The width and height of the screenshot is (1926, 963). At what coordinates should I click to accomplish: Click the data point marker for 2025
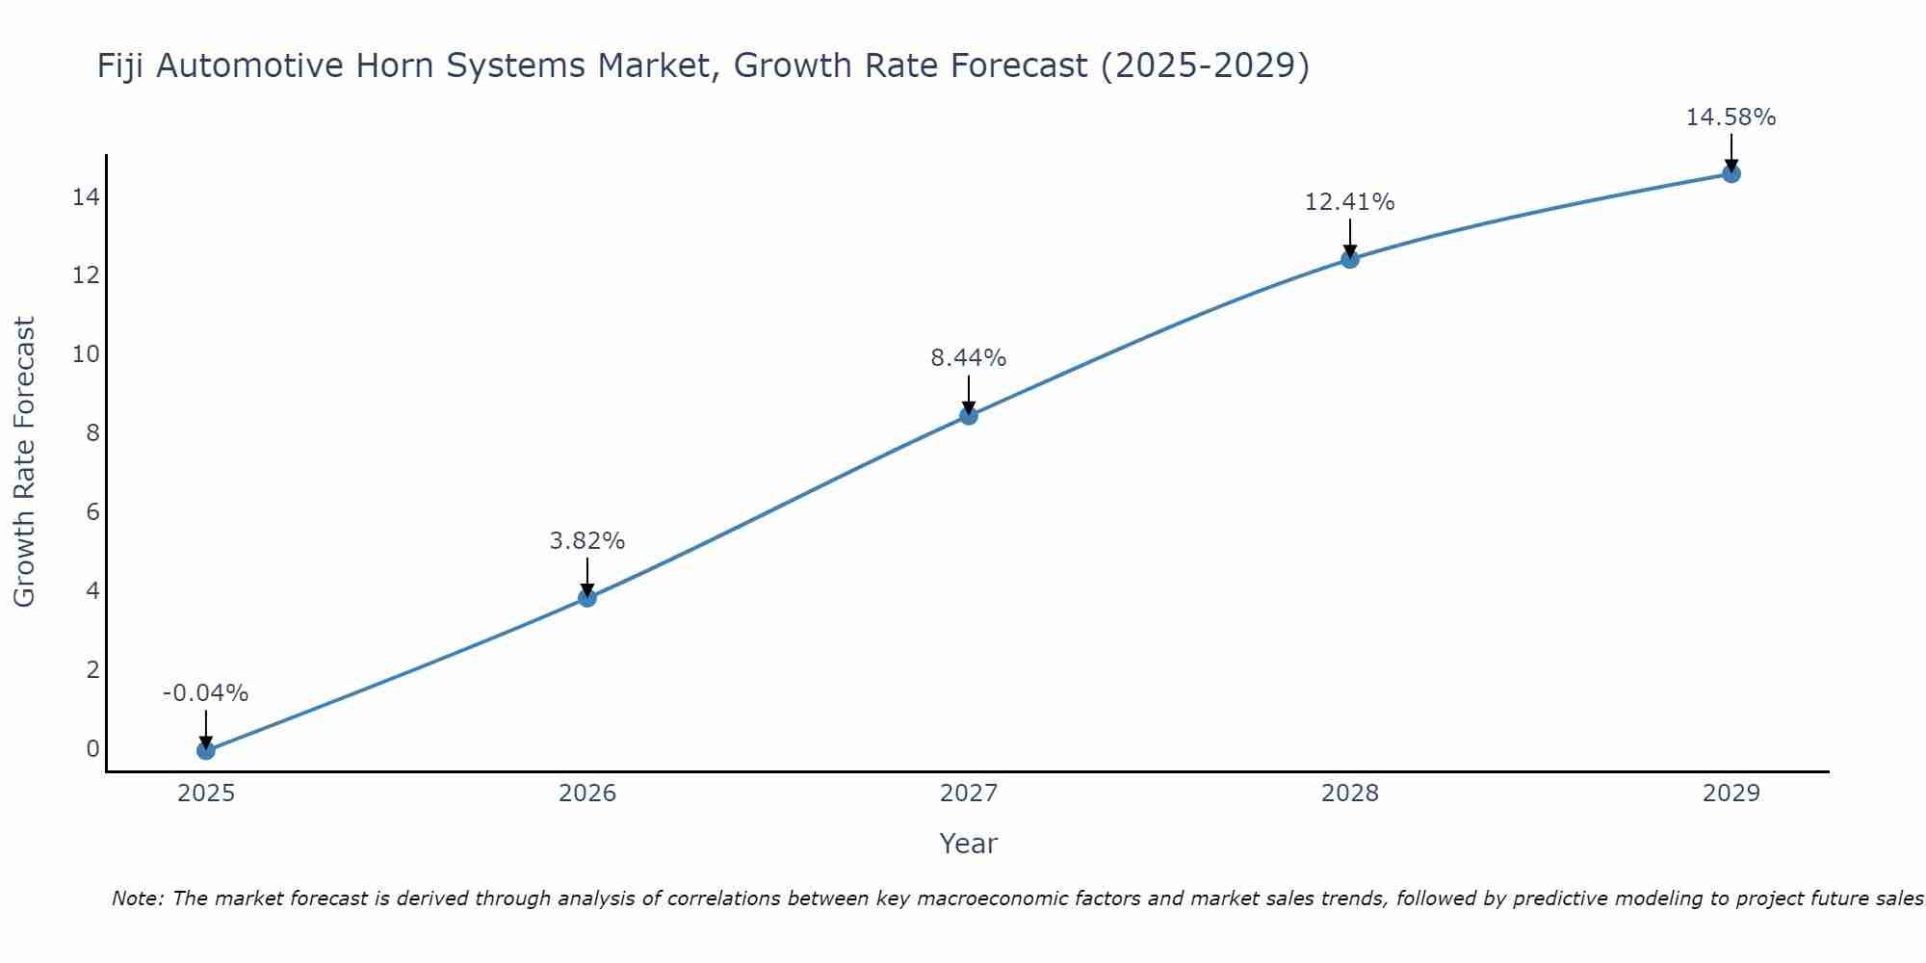coord(205,750)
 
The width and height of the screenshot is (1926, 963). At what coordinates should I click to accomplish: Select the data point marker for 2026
coord(587,598)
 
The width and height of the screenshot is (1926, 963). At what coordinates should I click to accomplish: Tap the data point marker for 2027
coord(969,416)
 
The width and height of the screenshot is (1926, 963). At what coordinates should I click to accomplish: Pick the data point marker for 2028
coord(1350,259)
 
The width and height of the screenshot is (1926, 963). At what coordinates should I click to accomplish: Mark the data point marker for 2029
coord(1731,174)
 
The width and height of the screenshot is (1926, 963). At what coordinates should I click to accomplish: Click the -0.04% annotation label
coord(205,693)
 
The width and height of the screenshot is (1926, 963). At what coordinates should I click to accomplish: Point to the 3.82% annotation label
coord(587,541)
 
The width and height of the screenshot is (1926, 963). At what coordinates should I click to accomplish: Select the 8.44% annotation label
coord(969,358)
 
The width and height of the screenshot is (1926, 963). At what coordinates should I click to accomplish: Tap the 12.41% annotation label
coord(1350,202)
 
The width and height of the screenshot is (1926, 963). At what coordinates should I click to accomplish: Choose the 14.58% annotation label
coord(1731,117)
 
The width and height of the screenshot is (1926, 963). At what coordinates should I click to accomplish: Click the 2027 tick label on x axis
coord(969,794)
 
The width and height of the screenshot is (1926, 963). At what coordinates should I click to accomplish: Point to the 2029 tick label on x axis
coord(1731,794)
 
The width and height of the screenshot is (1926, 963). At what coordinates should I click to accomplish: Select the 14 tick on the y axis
coord(86,197)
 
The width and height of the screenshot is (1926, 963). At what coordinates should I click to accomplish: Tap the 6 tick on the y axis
coord(92,511)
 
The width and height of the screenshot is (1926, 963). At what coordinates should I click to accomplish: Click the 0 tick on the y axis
coord(92,748)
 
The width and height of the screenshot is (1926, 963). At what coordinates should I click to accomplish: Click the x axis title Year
coord(969,844)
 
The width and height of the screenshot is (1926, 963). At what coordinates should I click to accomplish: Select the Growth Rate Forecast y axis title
coord(25,462)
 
